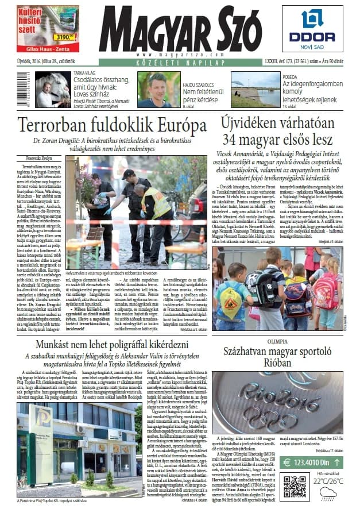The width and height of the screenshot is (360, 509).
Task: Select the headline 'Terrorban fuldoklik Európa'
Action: click(x=111, y=125)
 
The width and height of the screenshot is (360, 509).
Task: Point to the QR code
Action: click(x=295, y=485)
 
